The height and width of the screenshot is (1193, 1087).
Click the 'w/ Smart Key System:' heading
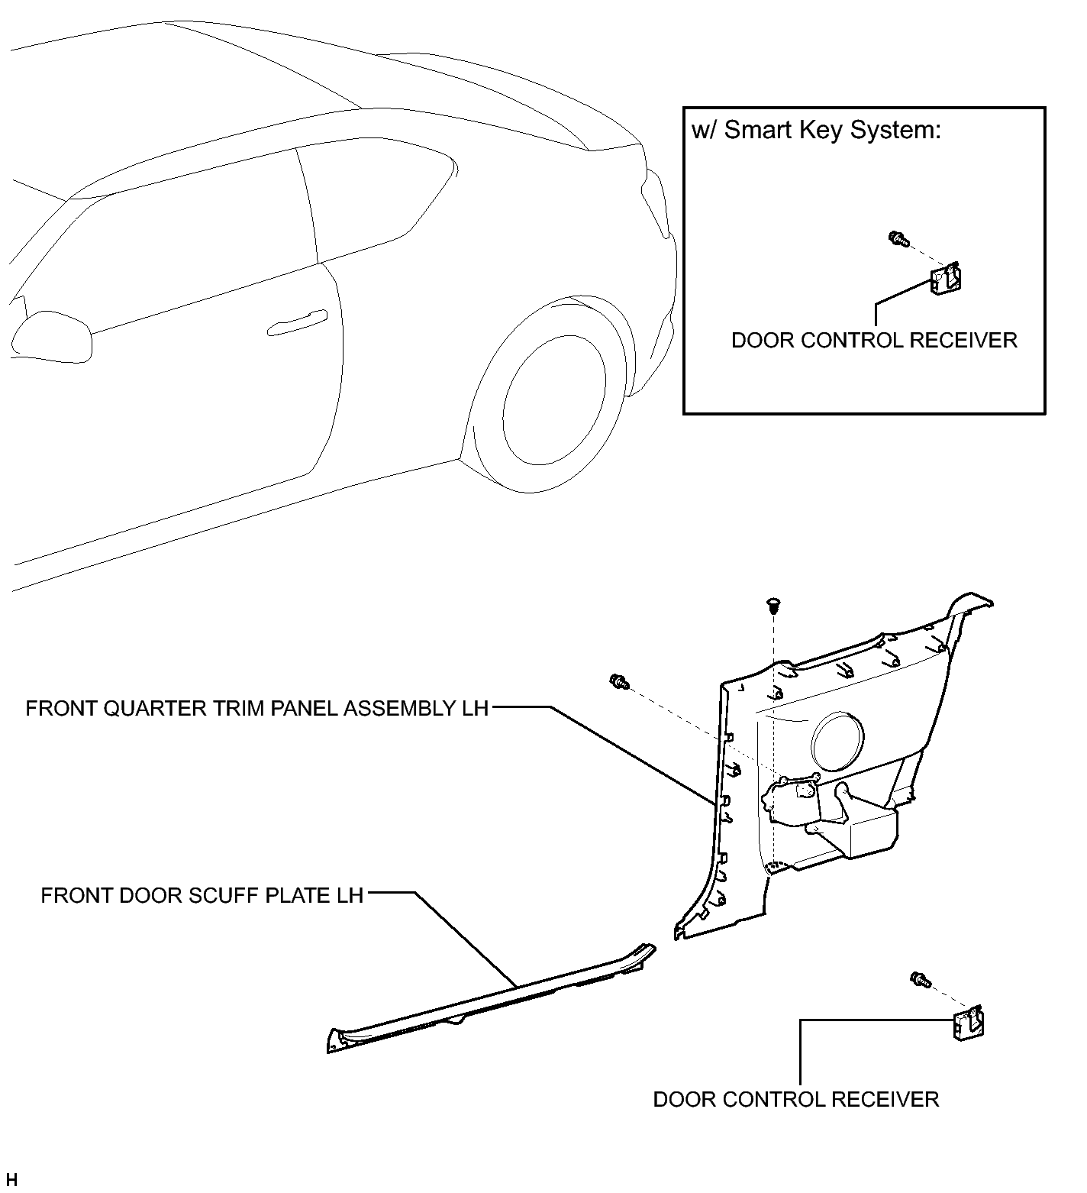coord(816,130)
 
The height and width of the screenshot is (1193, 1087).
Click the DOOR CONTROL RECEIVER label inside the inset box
coord(874,340)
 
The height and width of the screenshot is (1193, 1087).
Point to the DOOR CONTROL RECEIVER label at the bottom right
coord(796,1099)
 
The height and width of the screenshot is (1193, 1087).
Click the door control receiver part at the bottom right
coord(968,1022)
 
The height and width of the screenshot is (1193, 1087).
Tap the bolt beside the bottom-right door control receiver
coord(921,979)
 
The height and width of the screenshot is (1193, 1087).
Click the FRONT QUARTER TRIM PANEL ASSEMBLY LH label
coord(256,708)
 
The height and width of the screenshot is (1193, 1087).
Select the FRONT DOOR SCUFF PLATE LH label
coord(202,894)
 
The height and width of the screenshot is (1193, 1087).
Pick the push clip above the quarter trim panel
coord(773,606)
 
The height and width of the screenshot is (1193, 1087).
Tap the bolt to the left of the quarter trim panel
coord(619,681)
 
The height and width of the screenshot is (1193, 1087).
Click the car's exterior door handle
coord(298,322)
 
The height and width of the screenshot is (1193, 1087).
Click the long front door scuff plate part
coord(492,997)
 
